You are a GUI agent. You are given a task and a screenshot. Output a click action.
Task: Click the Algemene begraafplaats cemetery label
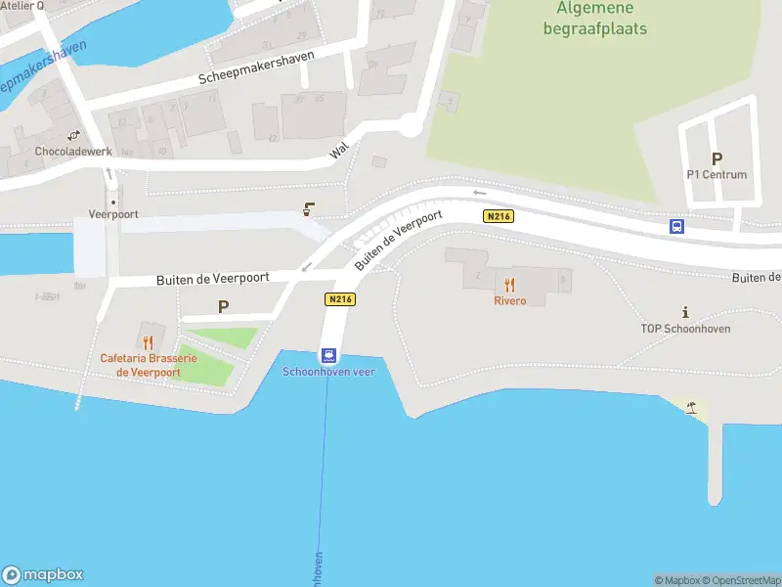point(595,18)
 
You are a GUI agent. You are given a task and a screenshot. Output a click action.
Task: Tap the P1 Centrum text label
point(717,175)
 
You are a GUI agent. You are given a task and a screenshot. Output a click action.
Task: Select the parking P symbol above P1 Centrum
point(717,158)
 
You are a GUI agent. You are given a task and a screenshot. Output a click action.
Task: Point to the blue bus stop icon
point(676,226)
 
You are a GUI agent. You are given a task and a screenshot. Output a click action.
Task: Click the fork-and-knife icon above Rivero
point(509,285)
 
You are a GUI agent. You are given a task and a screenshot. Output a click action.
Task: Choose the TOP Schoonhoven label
point(685,329)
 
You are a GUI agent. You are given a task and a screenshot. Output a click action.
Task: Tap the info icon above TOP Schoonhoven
point(685,312)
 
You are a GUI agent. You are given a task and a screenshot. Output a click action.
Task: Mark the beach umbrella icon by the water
point(692,406)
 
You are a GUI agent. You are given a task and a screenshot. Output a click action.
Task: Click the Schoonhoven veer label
point(329,372)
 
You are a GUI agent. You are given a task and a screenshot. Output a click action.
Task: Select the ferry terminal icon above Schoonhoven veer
point(329,355)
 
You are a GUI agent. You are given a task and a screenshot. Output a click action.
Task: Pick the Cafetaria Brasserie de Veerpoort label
point(149,365)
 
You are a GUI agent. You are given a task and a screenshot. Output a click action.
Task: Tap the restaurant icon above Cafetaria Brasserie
point(148,342)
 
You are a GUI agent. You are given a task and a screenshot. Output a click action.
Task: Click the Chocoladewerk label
point(73,152)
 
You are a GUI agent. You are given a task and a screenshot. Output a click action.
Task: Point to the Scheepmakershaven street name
point(256,68)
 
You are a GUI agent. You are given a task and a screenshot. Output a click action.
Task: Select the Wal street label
point(339,151)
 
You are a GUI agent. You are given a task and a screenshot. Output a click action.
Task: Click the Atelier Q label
point(22,6)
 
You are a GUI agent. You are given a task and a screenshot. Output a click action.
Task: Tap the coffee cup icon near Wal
point(309,207)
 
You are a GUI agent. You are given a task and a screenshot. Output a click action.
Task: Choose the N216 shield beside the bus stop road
point(498,216)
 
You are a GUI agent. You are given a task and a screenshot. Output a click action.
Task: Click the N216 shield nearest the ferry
point(339,300)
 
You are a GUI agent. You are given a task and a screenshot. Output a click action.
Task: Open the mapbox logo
point(43,575)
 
